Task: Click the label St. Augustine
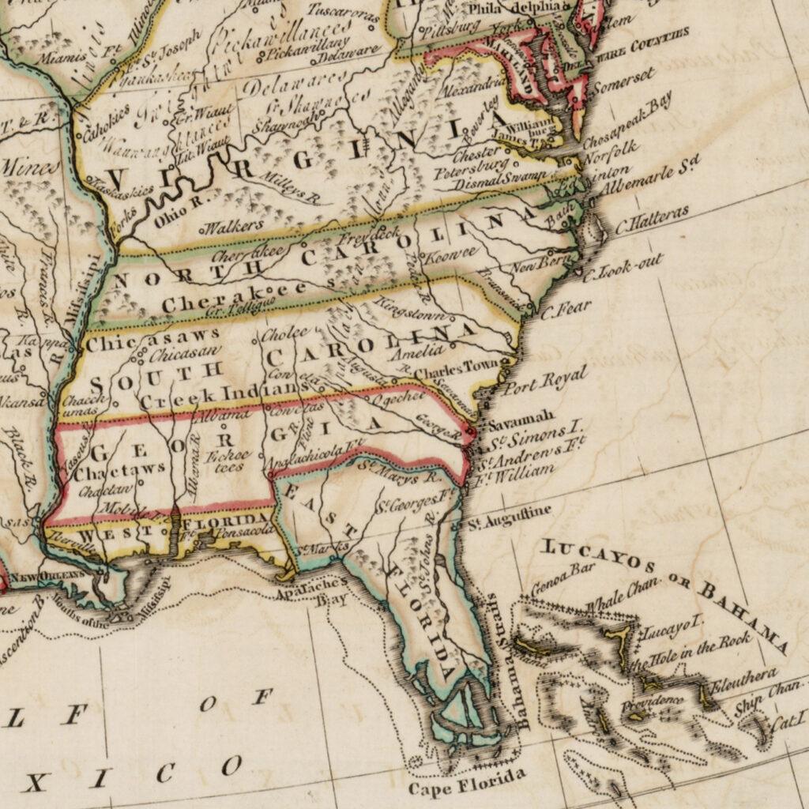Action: [509, 517]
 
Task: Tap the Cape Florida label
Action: [465, 784]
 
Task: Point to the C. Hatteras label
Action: [652, 218]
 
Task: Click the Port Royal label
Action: [545, 382]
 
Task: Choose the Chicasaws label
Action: [153, 341]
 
